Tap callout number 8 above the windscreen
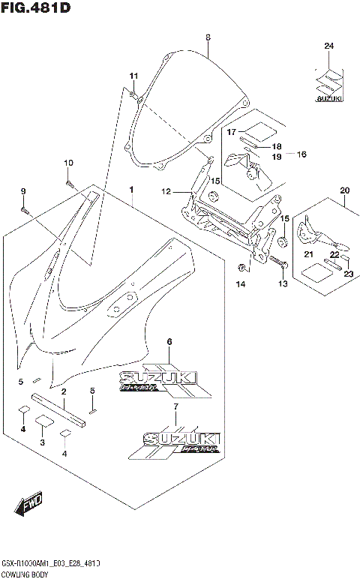pyautogui.click(x=208, y=37)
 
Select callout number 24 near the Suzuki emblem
pyautogui.click(x=328, y=46)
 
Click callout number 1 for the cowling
pyautogui.click(x=132, y=190)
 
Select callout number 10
pyautogui.click(x=67, y=163)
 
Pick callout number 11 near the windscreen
pyautogui.click(x=134, y=76)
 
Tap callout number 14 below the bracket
pyautogui.click(x=241, y=284)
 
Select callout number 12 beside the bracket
pyautogui.click(x=166, y=192)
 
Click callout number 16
pyautogui.click(x=301, y=154)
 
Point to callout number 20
pyautogui.click(x=344, y=190)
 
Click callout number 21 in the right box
pyautogui.click(x=308, y=254)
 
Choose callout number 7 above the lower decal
pyautogui.click(x=175, y=406)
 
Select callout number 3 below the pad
pyautogui.click(x=42, y=443)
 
